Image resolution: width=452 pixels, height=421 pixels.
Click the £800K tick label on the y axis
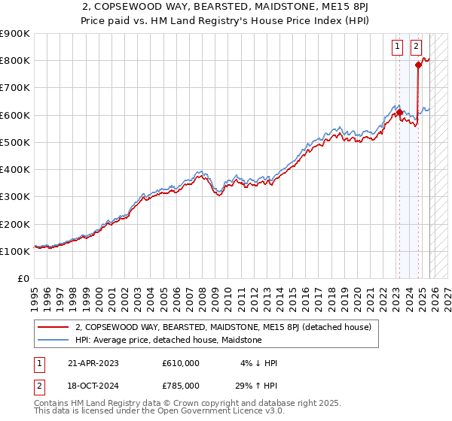[x=15, y=61]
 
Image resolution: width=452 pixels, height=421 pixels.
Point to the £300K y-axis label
[x=15, y=197]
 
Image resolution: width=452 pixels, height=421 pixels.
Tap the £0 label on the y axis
[x=24, y=279]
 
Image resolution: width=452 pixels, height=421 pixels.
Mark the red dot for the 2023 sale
[x=399, y=113]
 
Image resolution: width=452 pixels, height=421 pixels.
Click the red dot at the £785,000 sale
[x=418, y=65]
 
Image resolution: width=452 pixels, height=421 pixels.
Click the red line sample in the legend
[x=53, y=327]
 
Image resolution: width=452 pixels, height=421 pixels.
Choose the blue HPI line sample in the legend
[x=53, y=340]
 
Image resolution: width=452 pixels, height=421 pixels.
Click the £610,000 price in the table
[x=180, y=363]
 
